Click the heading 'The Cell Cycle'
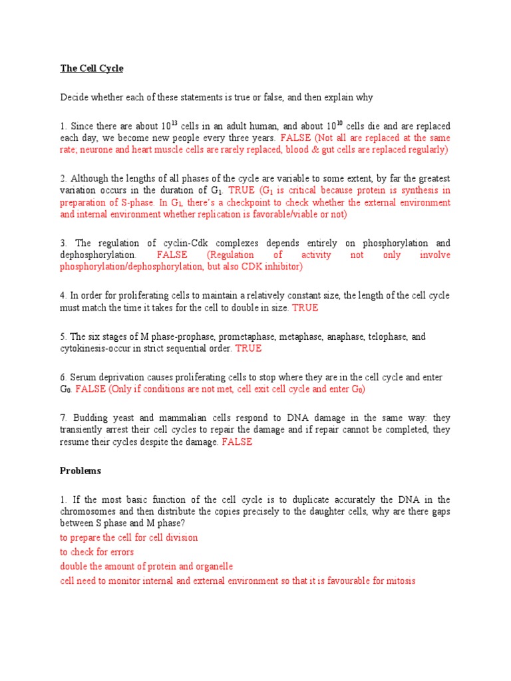click(x=91, y=68)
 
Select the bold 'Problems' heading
click(x=81, y=470)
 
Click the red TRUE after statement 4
click(x=305, y=308)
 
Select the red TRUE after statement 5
click(x=248, y=348)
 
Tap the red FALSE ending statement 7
click(x=237, y=442)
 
